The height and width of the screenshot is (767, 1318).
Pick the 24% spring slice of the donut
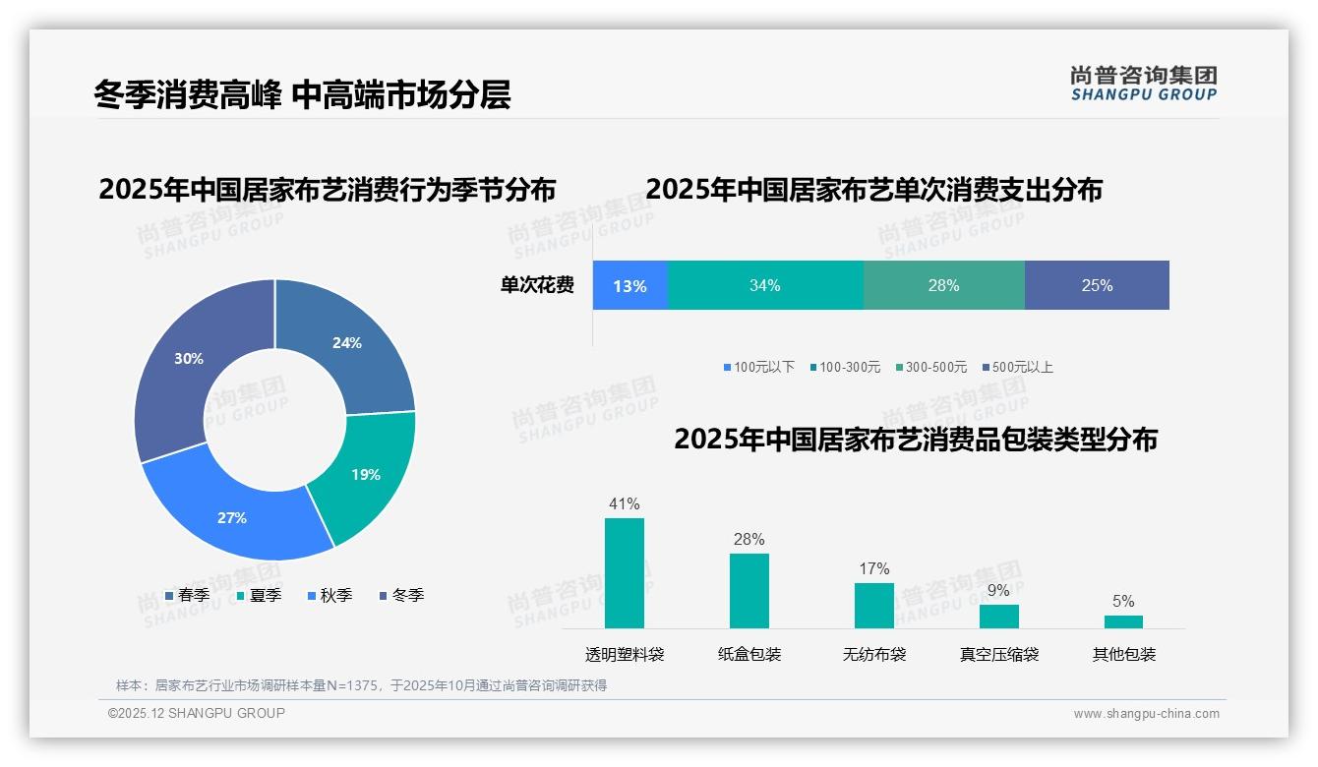point(348,343)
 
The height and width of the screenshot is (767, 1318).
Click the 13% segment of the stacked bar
point(629,286)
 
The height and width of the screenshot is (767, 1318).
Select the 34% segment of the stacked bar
point(764,286)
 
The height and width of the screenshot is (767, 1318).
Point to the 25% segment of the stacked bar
point(1097,286)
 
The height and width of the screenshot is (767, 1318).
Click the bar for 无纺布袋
point(873,606)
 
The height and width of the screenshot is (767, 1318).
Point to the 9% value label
point(998,591)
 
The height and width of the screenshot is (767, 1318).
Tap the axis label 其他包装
point(1123,655)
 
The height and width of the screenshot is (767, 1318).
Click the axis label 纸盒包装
point(749,655)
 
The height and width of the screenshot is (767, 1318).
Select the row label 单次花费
point(537,286)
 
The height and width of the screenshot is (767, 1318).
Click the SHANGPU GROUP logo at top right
point(1143,84)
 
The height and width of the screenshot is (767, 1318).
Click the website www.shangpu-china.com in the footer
point(1146,714)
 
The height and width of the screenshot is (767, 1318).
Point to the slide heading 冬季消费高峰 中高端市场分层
point(302,95)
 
